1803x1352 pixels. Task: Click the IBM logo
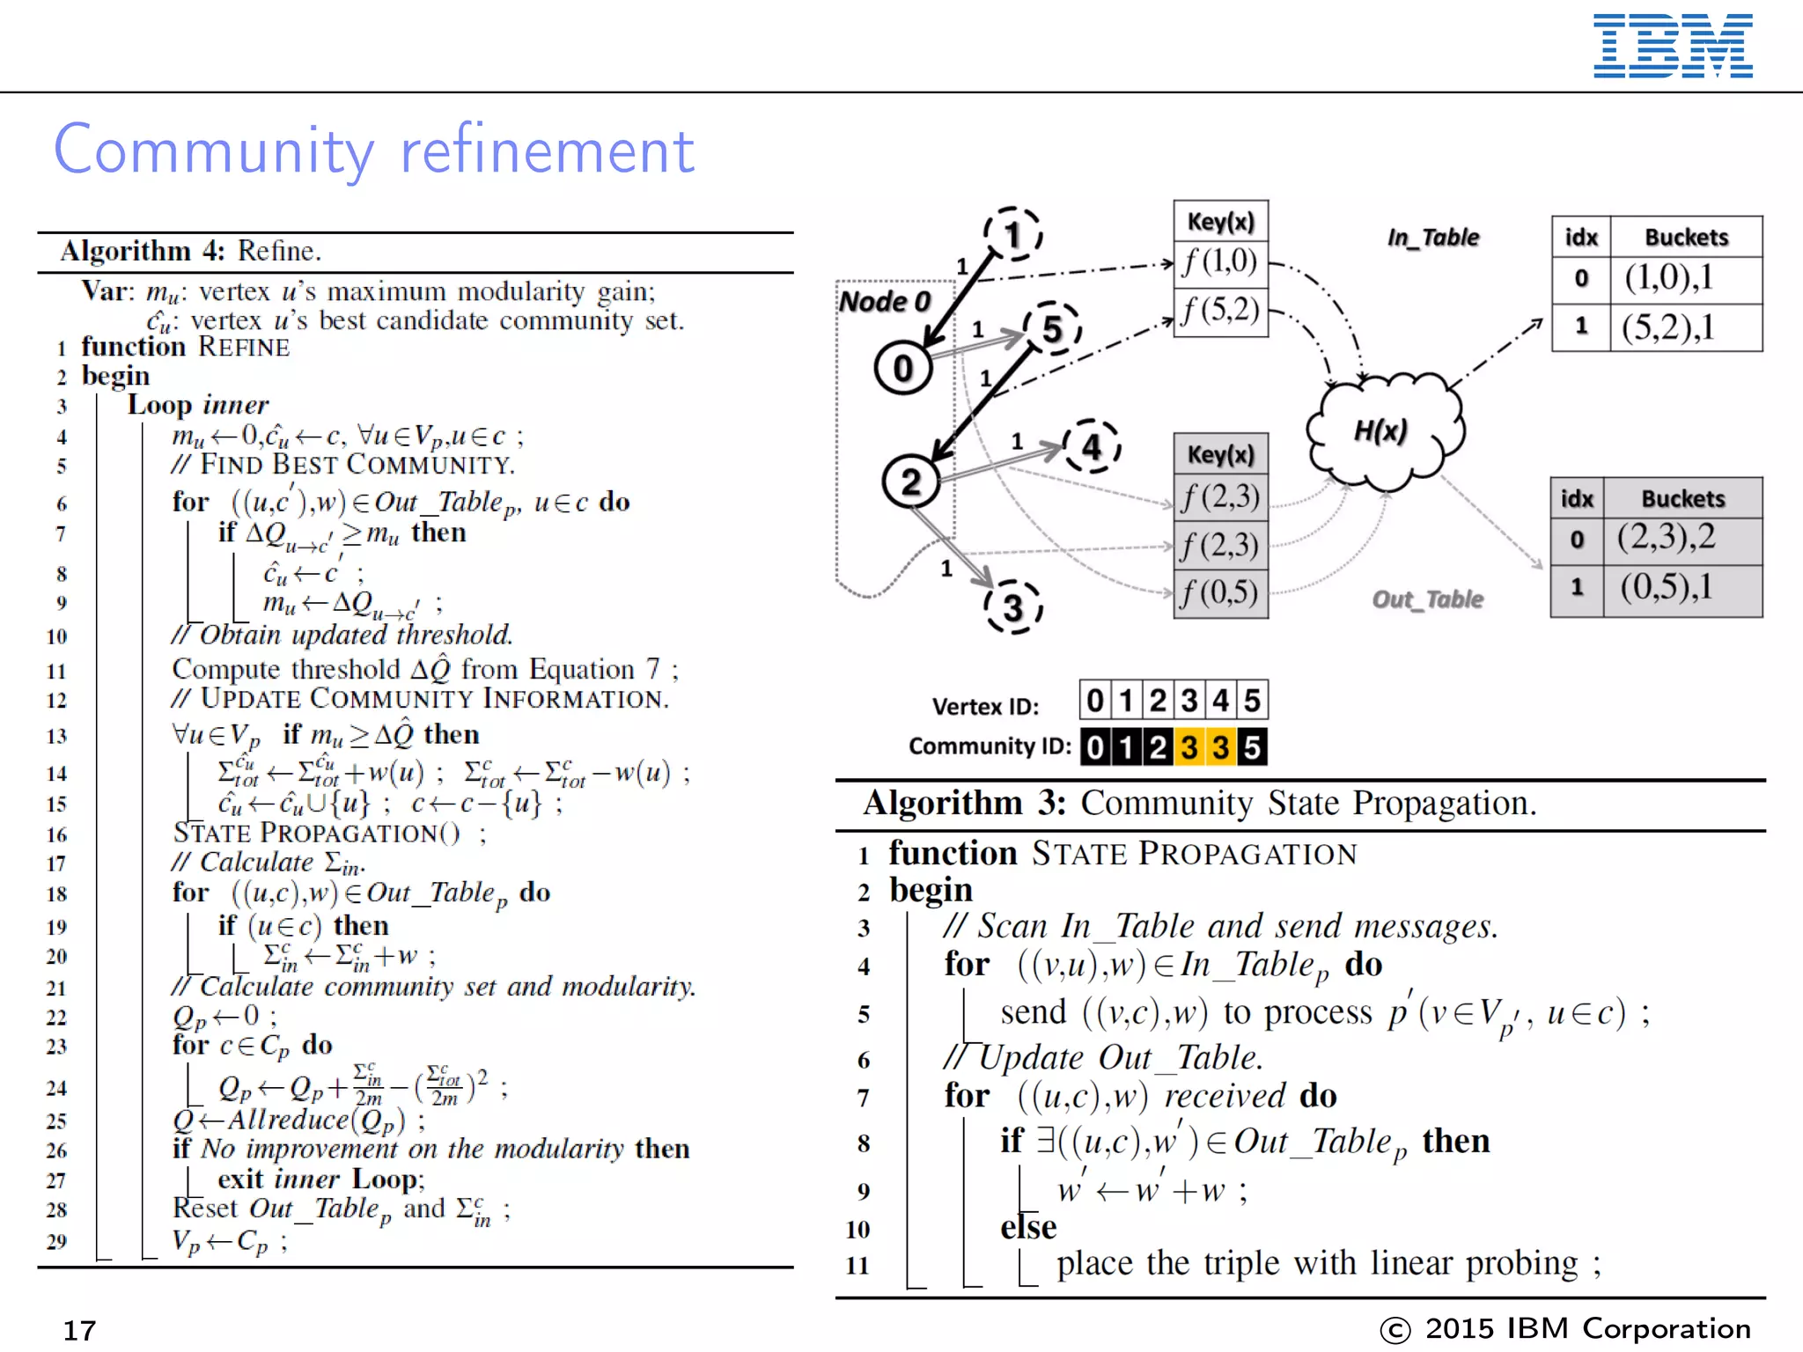click(x=1672, y=46)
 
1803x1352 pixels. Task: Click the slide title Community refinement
click(x=374, y=150)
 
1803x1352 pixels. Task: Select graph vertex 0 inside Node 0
click(x=903, y=368)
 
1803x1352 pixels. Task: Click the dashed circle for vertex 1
click(x=1013, y=234)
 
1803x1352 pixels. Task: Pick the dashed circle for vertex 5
click(x=1052, y=329)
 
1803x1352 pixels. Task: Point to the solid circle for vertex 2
click(x=911, y=481)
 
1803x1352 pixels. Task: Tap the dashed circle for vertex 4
click(x=1092, y=446)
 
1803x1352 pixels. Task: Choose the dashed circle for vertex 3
click(x=1013, y=606)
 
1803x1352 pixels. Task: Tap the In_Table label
click(x=1433, y=238)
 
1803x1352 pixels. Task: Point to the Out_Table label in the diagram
click(x=1427, y=599)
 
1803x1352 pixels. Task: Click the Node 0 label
click(x=885, y=302)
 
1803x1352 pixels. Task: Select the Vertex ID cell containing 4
click(x=1220, y=701)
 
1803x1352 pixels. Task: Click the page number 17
click(x=79, y=1330)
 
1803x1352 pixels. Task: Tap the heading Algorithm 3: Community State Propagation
click(x=1199, y=804)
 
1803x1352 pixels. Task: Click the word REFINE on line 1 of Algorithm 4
click(x=244, y=348)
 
